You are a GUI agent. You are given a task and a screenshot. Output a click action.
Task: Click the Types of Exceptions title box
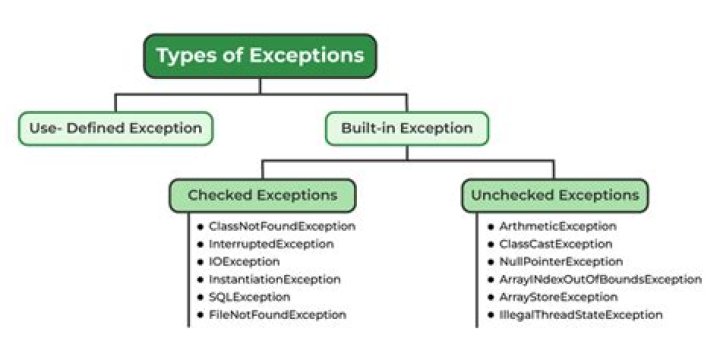(260, 56)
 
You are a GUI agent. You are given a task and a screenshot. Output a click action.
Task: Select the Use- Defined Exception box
(117, 127)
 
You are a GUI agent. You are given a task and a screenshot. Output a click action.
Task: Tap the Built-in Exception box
(407, 127)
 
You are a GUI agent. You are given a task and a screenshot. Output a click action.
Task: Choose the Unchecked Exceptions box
(554, 194)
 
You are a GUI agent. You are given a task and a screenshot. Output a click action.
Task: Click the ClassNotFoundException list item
(275, 226)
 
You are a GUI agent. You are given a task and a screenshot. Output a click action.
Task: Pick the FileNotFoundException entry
(277, 314)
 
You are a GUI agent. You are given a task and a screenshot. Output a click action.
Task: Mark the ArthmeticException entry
(557, 226)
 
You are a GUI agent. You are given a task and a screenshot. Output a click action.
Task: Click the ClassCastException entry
(555, 243)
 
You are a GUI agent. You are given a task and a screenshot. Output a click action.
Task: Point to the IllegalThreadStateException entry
(580, 314)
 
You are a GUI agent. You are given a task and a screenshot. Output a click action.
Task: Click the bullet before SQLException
(200, 297)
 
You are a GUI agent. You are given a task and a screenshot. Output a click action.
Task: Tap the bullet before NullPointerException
(490, 261)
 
